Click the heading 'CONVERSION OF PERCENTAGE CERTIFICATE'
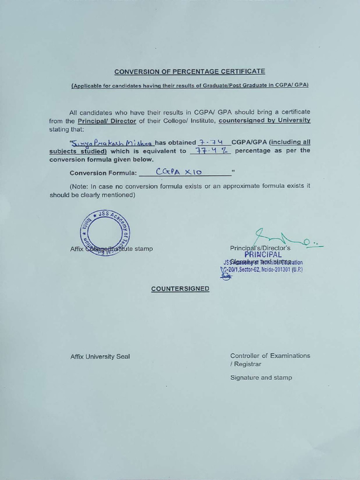point(190,72)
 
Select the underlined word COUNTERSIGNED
point(180,289)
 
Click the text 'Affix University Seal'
point(100,357)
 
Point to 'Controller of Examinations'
point(270,356)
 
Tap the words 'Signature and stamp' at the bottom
point(261,378)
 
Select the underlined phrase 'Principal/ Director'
point(107,121)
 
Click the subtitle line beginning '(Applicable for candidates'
point(189,86)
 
